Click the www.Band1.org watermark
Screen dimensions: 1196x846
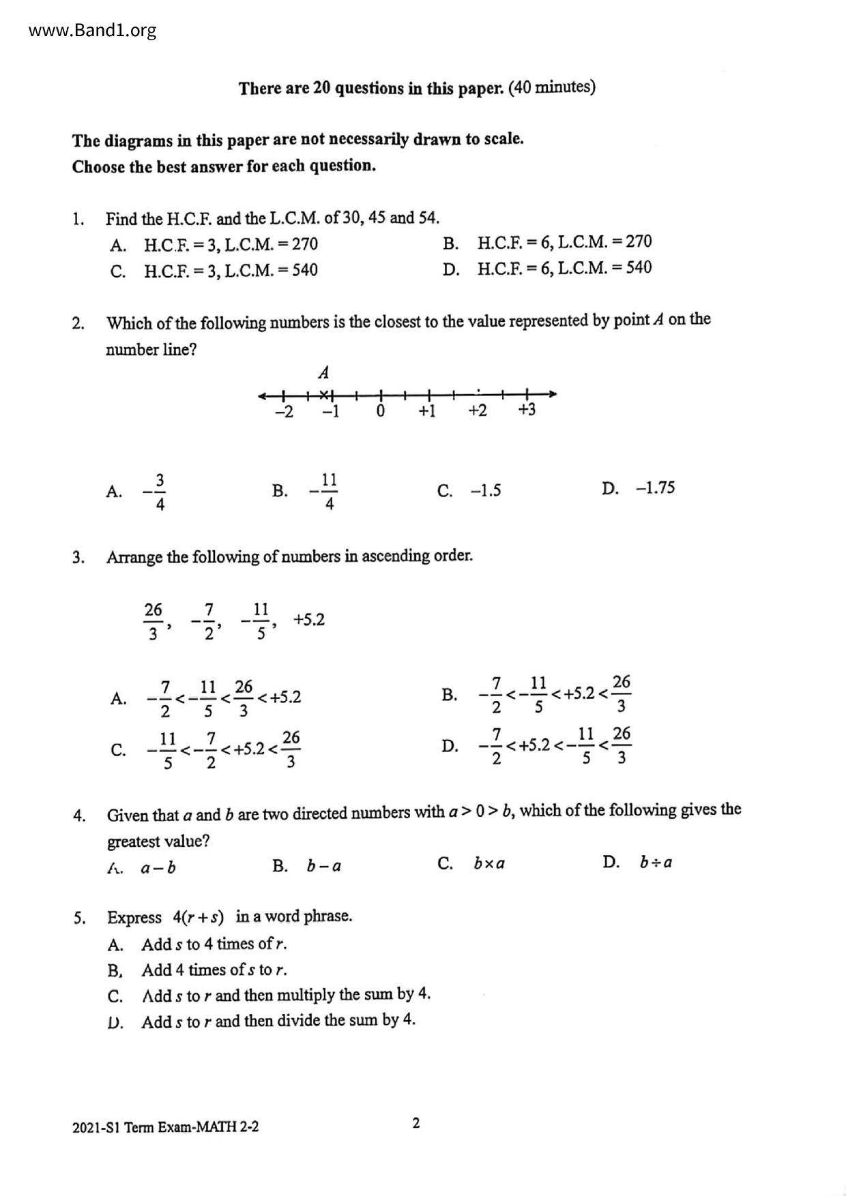click(93, 31)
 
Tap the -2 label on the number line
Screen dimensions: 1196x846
click(283, 412)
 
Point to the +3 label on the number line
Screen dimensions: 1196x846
click(527, 410)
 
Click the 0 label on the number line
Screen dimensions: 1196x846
click(381, 411)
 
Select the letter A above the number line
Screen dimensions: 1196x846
click(324, 373)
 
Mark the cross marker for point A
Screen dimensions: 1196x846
click(325, 394)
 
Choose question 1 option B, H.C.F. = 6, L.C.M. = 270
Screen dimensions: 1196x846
click(564, 243)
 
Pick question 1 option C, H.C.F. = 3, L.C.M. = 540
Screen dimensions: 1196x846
click(230, 271)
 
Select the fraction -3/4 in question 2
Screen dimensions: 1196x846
click(155, 491)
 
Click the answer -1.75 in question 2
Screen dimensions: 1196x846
click(654, 488)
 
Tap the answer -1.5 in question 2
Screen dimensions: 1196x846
click(485, 491)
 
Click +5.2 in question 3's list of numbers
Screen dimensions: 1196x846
click(308, 620)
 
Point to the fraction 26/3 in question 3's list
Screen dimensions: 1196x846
click(154, 621)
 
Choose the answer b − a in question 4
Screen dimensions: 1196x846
click(323, 867)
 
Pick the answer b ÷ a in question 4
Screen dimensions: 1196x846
click(656, 863)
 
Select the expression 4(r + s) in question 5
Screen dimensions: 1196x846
click(198, 917)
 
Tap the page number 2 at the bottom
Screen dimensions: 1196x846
click(416, 1123)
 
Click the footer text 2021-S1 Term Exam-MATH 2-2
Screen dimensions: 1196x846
click(165, 1127)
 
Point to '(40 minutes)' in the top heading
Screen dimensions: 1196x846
click(552, 87)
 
